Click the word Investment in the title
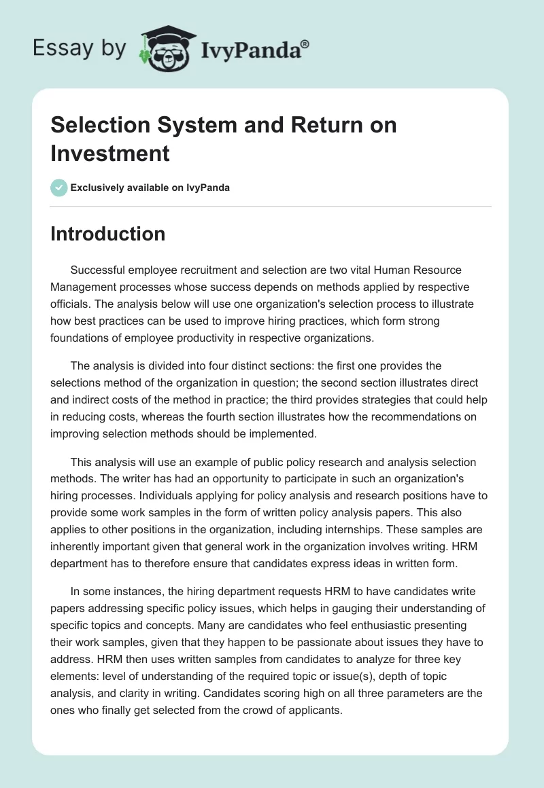coord(110,153)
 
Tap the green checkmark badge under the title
coord(58,187)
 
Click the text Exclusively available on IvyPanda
coord(150,187)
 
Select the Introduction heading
coord(107,234)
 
